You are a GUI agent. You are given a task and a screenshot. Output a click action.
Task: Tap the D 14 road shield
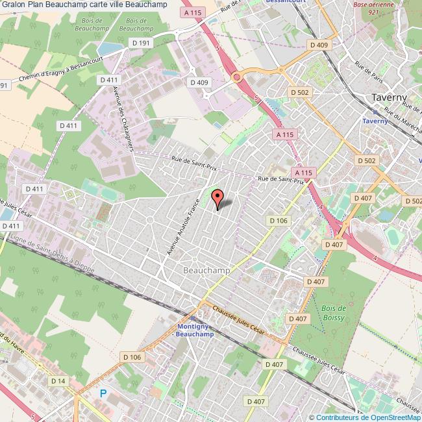coord(58,380)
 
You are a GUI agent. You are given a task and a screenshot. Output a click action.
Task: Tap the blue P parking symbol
coord(103,393)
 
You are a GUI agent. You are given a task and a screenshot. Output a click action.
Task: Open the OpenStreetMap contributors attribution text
coord(365,417)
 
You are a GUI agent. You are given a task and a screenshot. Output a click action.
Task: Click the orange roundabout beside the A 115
coord(237,77)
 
